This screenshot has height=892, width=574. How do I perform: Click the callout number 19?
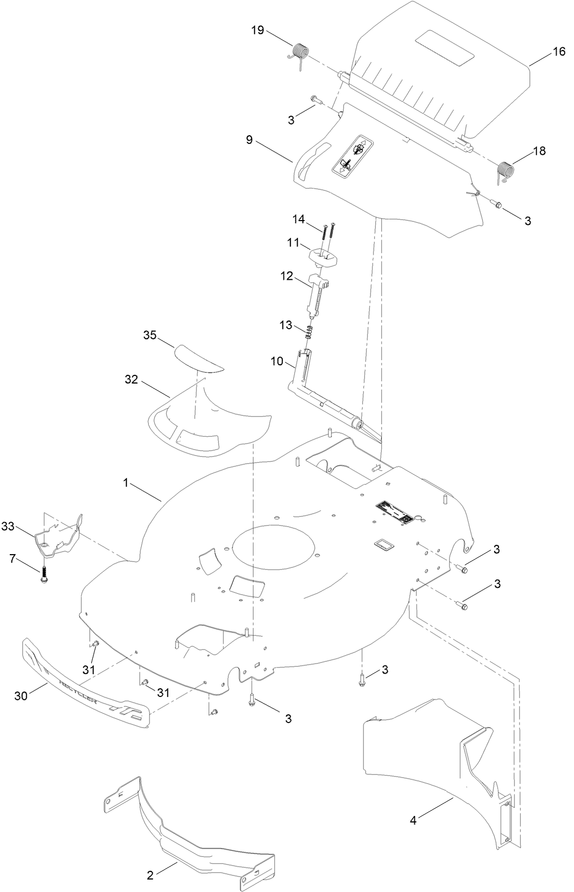coord(257,30)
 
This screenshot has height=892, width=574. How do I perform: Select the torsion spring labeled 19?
coord(300,54)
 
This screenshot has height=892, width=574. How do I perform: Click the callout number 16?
coord(559,52)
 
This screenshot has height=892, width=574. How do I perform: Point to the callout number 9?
coord(249,140)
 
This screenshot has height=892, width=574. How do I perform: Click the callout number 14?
coord(299,219)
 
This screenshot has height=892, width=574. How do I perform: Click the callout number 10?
coord(277,360)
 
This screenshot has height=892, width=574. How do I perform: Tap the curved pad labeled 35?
coord(200,358)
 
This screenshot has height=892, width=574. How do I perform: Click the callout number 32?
coord(131,380)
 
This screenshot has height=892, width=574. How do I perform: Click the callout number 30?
coord(21,696)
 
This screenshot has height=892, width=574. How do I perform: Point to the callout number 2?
coord(150,875)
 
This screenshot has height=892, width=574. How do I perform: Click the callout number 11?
coord(294,243)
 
